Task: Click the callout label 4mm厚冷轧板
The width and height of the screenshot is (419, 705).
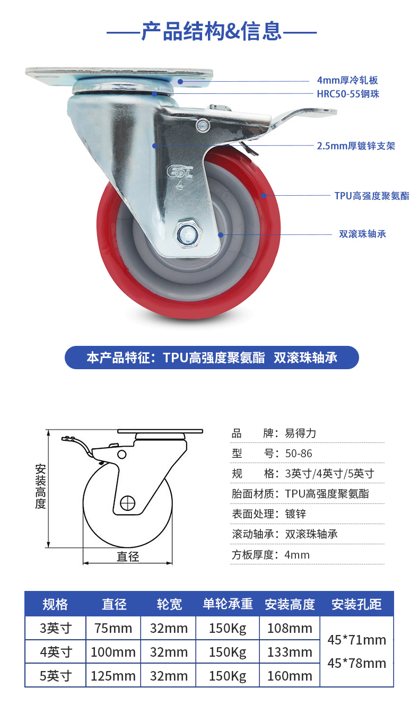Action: click(x=347, y=80)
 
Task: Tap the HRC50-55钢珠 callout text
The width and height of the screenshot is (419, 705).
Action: click(x=348, y=94)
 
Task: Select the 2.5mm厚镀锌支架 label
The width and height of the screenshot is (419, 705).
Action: click(x=356, y=146)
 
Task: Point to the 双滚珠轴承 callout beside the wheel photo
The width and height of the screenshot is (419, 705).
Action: click(x=362, y=234)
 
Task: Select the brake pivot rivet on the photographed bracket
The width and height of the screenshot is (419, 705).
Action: click(x=203, y=125)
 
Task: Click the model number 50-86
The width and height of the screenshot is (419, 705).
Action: click(x=299, y=454)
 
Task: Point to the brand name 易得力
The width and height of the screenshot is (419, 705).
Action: click(x=300, y=433)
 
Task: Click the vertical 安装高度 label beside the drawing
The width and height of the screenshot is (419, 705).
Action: click(x=40, y=486)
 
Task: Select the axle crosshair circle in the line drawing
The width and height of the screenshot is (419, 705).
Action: click(x=127, y=503)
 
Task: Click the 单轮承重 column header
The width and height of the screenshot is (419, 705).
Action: click(x=228, y=604)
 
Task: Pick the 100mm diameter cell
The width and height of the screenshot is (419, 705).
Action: click(x=113, y=652)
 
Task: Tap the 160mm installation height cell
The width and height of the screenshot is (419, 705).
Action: click(x=290, y=676)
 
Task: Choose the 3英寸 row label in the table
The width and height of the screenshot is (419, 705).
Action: click(x=56, y=628)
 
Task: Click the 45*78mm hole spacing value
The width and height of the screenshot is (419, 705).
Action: click(x=357, y=663)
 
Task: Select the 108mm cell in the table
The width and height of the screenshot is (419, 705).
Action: click(x=290, y=628)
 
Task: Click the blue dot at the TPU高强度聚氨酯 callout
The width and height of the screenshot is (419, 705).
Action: click(x=264, y=196)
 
